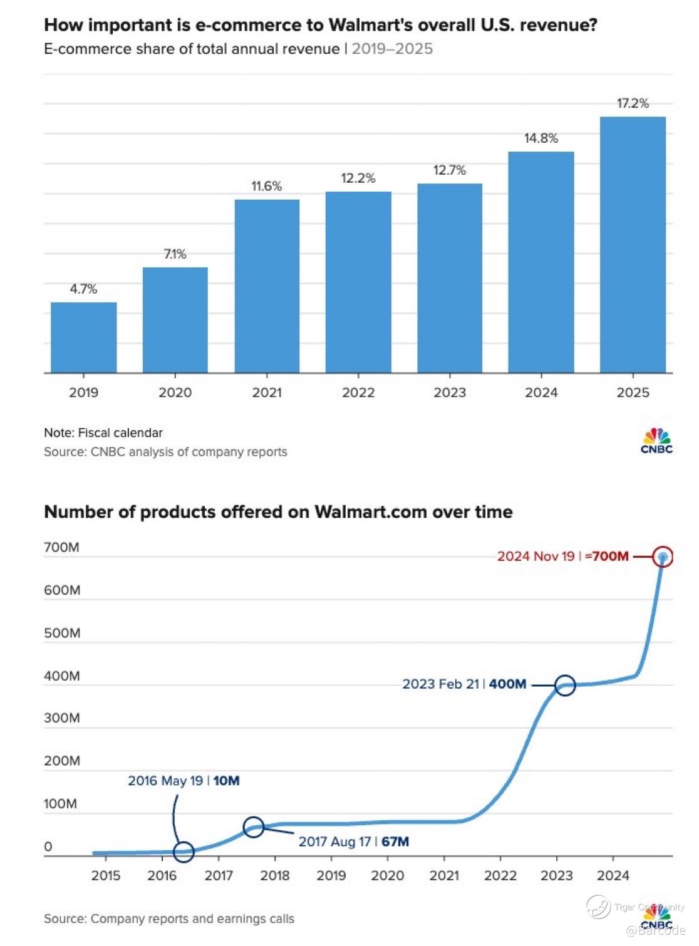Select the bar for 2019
83,337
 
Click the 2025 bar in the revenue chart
633,245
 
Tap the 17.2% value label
633,103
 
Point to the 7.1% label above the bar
175,254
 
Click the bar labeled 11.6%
267,286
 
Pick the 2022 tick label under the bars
358,393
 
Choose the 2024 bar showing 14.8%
541,262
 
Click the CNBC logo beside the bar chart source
656,440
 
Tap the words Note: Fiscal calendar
103,433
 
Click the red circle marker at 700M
663,557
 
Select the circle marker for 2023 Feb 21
565,686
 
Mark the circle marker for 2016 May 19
184,851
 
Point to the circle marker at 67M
254,827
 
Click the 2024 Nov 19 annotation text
562,556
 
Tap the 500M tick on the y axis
62,633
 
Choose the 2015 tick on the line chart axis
106,875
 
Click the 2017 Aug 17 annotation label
353,841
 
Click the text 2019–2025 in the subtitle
392,49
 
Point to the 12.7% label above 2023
450,170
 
